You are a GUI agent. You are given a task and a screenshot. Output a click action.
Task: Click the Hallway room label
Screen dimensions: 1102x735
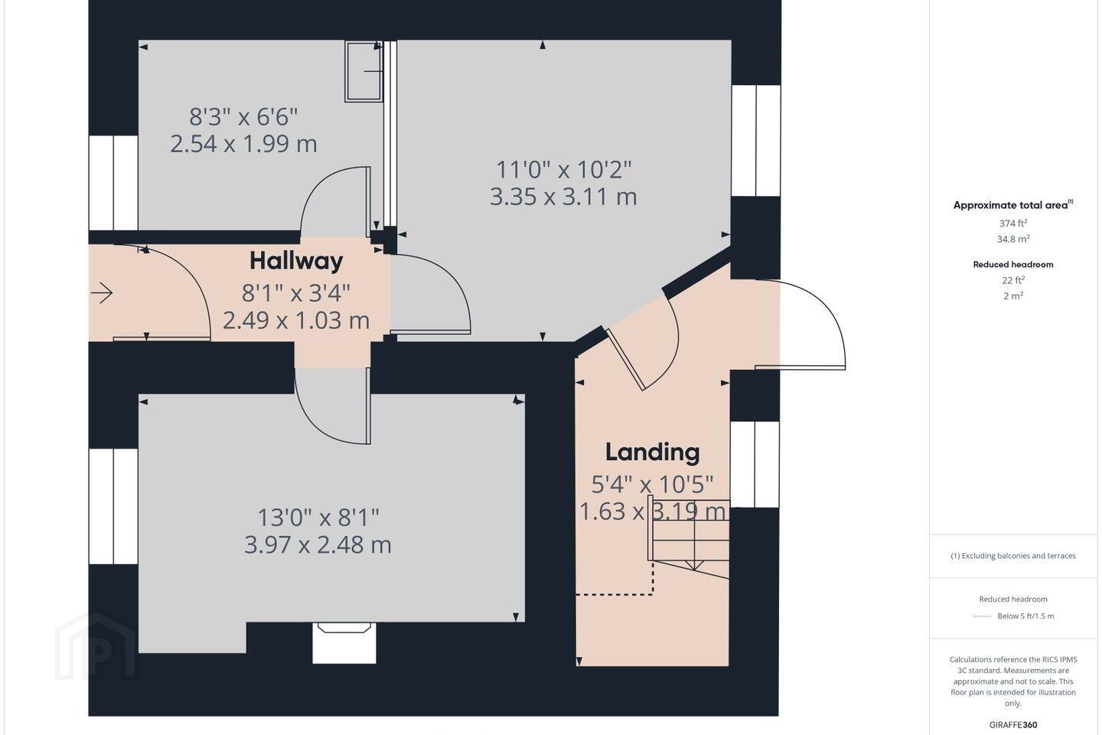296,261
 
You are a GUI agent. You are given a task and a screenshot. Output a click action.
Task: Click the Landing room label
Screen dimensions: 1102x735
652,452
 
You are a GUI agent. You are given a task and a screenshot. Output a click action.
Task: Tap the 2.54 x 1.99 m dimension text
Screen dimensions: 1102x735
243,144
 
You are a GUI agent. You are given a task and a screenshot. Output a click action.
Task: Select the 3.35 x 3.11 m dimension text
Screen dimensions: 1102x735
563,197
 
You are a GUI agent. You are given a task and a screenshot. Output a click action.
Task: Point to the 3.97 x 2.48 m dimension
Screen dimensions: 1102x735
318,545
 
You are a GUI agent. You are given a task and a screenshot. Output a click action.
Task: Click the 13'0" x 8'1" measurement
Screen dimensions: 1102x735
318,518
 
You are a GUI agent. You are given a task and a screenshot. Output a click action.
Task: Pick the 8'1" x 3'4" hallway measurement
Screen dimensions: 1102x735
295,293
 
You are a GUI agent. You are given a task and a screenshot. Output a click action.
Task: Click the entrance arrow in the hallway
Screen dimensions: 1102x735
102,293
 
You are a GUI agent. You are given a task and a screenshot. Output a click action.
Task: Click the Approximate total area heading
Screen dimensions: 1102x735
1013,204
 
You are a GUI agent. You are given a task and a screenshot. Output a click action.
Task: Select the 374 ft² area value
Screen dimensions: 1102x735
1013,223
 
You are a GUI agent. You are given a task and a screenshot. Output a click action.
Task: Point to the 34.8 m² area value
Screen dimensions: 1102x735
1013,239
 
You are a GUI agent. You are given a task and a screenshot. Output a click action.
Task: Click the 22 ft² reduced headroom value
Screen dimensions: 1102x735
1013,280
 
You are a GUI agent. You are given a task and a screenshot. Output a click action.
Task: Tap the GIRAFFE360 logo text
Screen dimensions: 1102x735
1013,724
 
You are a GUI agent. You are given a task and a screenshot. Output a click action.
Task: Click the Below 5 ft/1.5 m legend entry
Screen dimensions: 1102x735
1025,616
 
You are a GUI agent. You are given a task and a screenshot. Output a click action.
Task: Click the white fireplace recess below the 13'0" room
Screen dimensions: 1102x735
344,643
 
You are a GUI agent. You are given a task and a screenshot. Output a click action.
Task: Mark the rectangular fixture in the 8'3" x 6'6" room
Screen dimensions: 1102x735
364,71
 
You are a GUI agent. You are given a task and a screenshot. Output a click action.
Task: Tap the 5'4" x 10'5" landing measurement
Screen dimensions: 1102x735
652,485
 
